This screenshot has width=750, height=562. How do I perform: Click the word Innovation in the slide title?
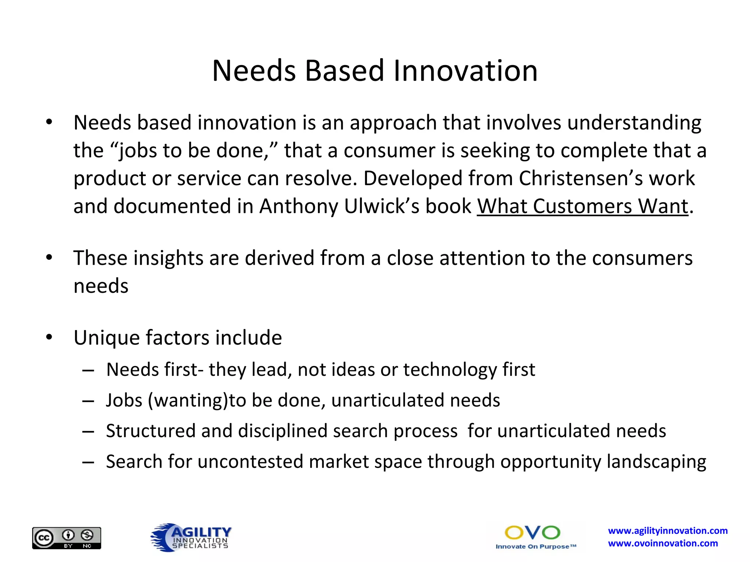click(465, 71)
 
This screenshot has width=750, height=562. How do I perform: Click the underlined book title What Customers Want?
click(582, 206)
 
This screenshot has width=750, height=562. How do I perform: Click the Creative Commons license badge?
click(67, 538)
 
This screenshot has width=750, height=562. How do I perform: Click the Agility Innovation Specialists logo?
click(191, 537)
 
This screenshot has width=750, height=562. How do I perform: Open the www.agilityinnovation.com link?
click(668, 531)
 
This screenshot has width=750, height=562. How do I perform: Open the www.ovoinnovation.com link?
click(663, 543)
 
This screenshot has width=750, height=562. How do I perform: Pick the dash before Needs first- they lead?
click(88, 370)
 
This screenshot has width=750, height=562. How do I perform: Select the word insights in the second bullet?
click(168, 258)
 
